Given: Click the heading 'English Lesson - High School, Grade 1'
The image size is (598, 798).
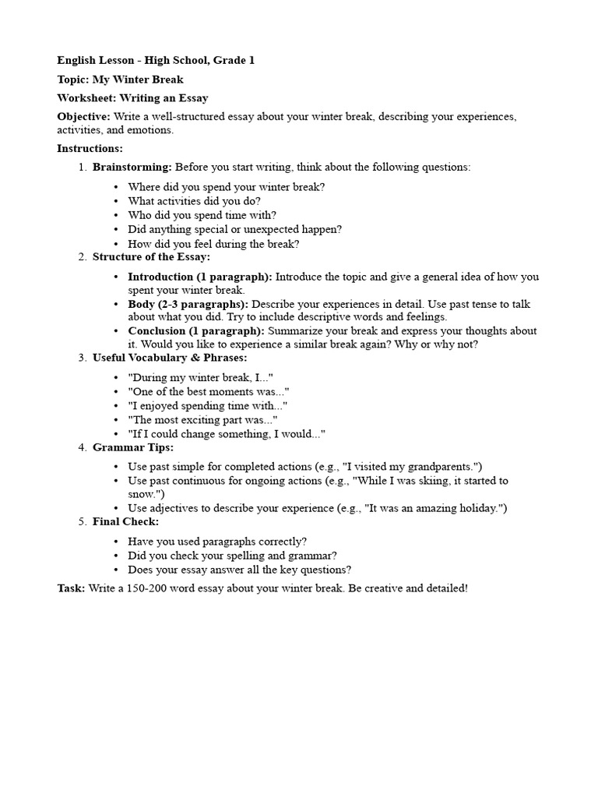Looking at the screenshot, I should [156, 60].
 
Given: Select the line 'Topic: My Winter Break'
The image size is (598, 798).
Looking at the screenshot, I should [121, 79].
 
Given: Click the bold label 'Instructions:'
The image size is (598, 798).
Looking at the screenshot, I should [90, 148].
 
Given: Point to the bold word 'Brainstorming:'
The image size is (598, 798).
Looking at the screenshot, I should [132, 167].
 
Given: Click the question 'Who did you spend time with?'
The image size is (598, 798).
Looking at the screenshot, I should [202, 215].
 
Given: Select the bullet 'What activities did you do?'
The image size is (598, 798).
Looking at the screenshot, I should [194, 201].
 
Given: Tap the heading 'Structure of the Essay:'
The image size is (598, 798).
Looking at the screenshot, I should [151, 257].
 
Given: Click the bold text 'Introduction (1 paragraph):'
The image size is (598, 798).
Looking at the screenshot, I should [200, 277].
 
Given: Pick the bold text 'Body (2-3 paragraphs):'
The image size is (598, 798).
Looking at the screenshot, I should [188, 304].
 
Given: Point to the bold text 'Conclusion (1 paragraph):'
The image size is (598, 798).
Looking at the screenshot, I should [196, 331].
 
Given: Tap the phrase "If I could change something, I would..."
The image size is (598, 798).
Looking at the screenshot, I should [227, 433].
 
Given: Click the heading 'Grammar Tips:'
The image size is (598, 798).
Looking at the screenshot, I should [133, 447].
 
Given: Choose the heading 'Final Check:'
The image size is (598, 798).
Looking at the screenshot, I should [125, 521].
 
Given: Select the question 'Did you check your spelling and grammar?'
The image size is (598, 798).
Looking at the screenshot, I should [232, 556].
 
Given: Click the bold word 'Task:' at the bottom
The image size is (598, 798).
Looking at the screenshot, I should [71, 588].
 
